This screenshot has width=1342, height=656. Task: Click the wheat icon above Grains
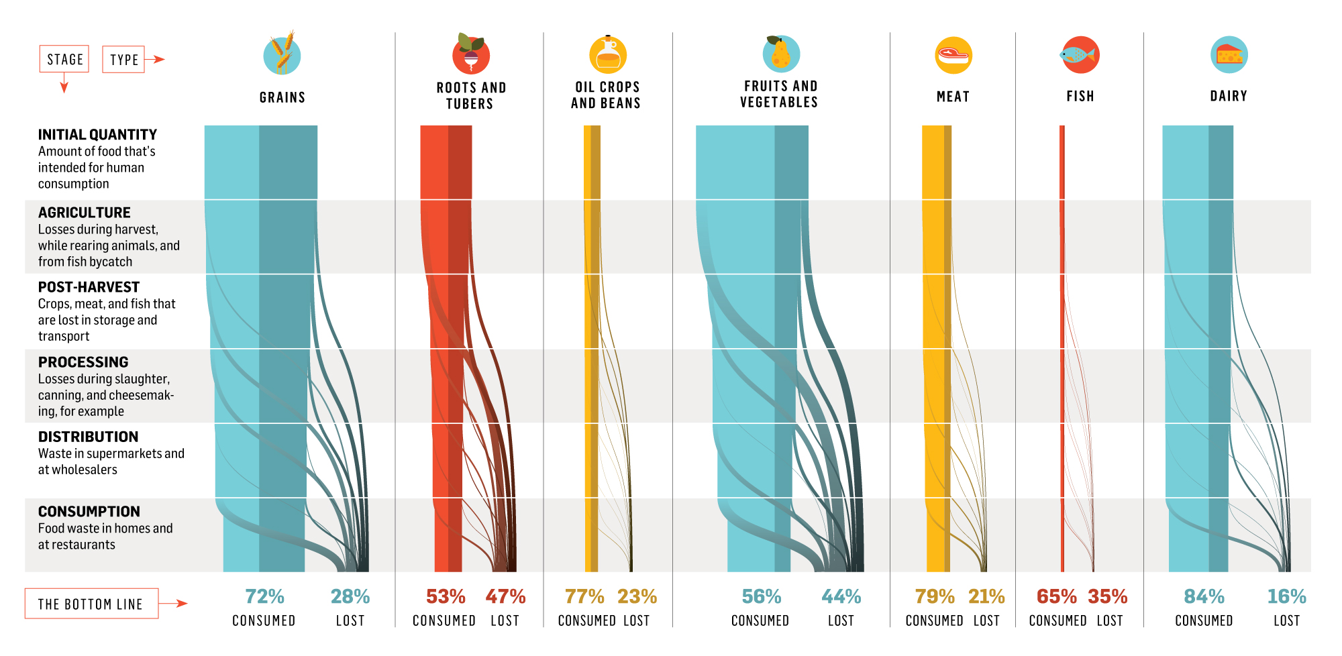(x=282, y=54)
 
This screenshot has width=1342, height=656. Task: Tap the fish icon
(x=1080, y=55)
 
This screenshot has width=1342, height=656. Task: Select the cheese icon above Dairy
(x=1229, y=54)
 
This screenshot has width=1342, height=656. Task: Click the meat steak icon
(x=953, y=55)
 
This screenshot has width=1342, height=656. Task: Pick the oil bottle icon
(x=608, y=54)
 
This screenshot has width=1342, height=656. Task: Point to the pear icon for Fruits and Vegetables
(x=781, y=54)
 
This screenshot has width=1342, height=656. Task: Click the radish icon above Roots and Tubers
(x=470, y=54)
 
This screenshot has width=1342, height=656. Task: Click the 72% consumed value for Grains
(x=264, y=596)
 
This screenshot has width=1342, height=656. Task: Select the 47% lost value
(x=505, y=596)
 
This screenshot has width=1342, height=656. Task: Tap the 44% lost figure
(x=841, y=596)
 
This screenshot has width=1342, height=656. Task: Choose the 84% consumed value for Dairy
(x=1204, y=596)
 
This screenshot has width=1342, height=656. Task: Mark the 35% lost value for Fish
(x=1107, y=596)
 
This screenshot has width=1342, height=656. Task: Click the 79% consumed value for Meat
(x=934, y=596)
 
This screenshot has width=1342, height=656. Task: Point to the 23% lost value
(x=637, y=596)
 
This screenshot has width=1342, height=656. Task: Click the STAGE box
(x=64, y=59)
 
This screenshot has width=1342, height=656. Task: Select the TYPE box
(x=123, y=60)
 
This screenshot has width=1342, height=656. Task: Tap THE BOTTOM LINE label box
(x=91, y=604)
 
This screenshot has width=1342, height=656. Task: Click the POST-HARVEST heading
(x=89, y=287)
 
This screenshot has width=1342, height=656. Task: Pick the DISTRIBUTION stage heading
(x=88, y=437)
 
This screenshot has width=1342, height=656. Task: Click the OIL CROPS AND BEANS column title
(x=606, y=95)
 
